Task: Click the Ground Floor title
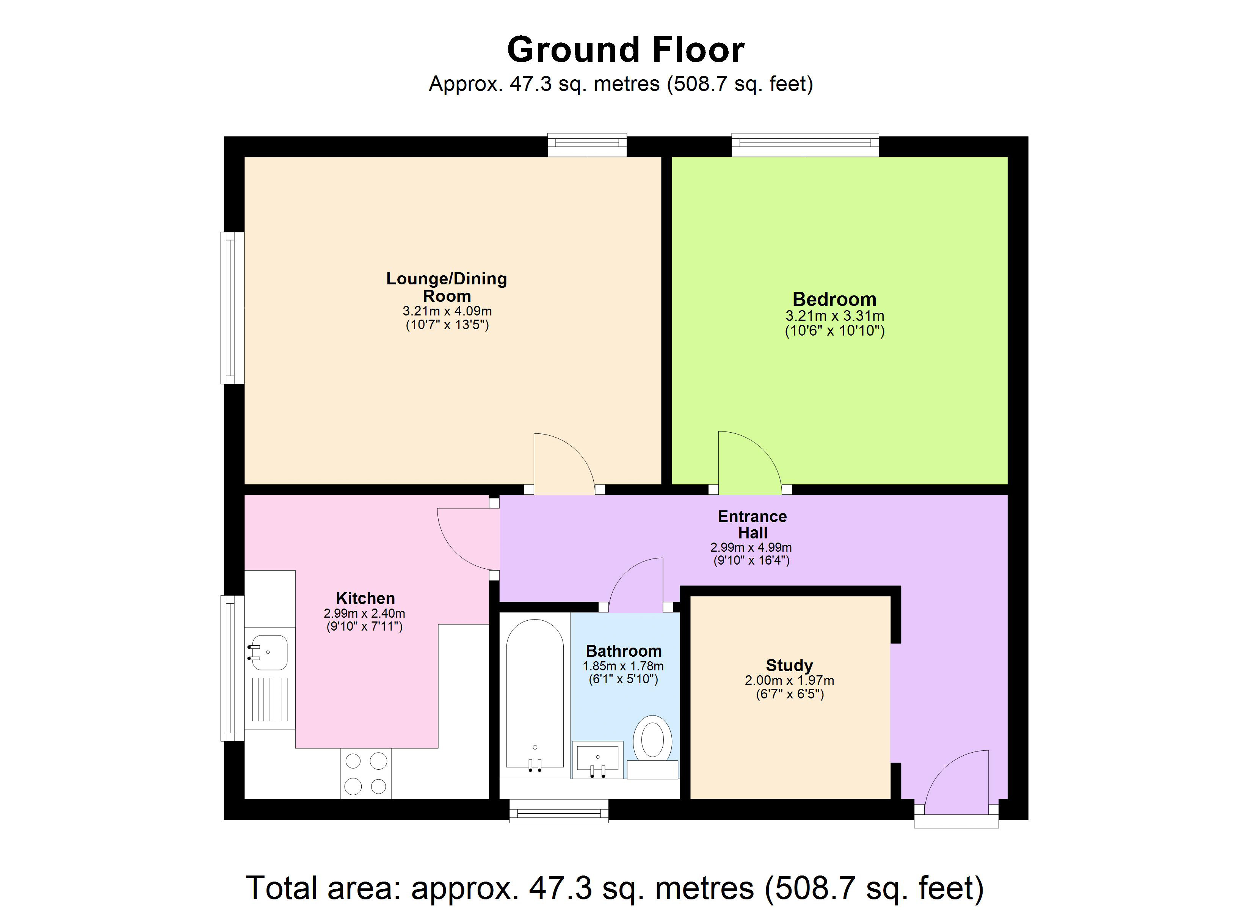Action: (625, 50)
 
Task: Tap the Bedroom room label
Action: (834, 300)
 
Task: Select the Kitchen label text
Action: (365, 598)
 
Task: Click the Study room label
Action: (789, 665)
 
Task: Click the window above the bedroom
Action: (805, 144)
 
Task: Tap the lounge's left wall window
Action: (232, 308)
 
